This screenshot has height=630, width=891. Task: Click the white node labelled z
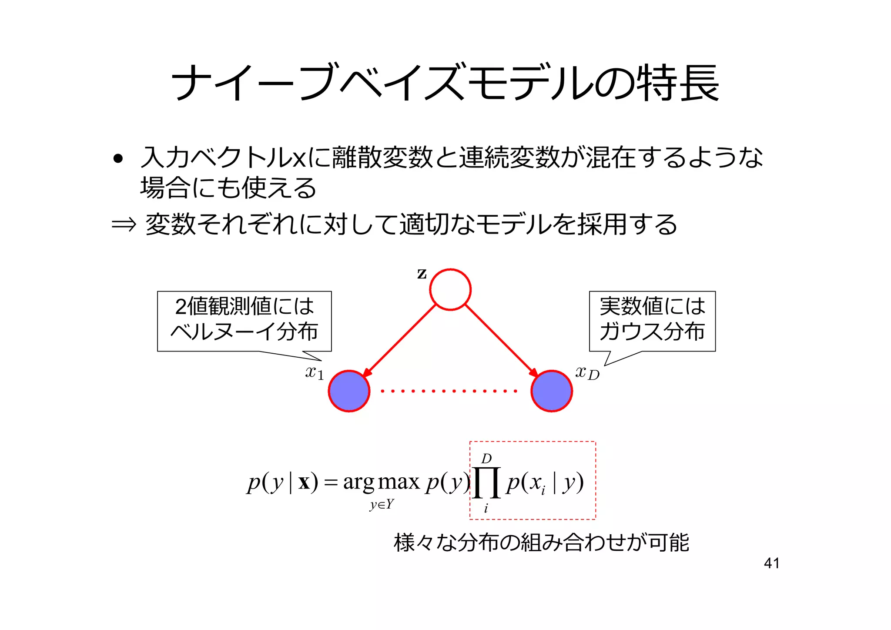[450, 290]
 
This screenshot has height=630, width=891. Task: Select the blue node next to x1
[349, 391]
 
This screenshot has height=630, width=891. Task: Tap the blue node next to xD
[552, 391]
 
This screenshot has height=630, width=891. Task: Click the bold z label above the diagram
[422, 274]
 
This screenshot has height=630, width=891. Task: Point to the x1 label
[314, 373]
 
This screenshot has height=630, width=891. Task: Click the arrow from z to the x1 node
[399, 340]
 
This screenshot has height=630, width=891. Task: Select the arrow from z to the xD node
[501, 340]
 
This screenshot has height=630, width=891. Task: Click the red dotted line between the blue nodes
[449, 391]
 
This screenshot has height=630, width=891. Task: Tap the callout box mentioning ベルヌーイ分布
[244, 321]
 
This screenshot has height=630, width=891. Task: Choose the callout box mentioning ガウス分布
[652, 321]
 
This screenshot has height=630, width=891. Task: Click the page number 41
[771, 563]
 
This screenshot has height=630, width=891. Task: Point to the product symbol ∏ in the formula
[486, 483]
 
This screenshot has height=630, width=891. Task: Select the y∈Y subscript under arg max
[382, 505]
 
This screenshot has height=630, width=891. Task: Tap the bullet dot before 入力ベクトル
[117, 159]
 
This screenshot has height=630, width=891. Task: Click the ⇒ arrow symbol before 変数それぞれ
[124, 225]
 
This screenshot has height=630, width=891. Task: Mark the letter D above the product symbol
[486, 459]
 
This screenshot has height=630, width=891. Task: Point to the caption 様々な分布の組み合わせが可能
[541, 543]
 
